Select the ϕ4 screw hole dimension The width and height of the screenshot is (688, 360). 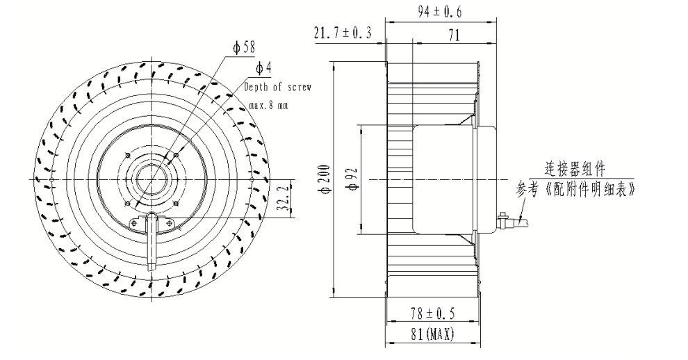263,68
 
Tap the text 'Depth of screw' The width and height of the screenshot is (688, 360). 277,88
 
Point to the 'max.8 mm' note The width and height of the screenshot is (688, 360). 268,106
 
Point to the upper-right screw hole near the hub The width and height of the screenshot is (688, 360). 177,154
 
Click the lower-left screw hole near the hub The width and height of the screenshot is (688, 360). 126,204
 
